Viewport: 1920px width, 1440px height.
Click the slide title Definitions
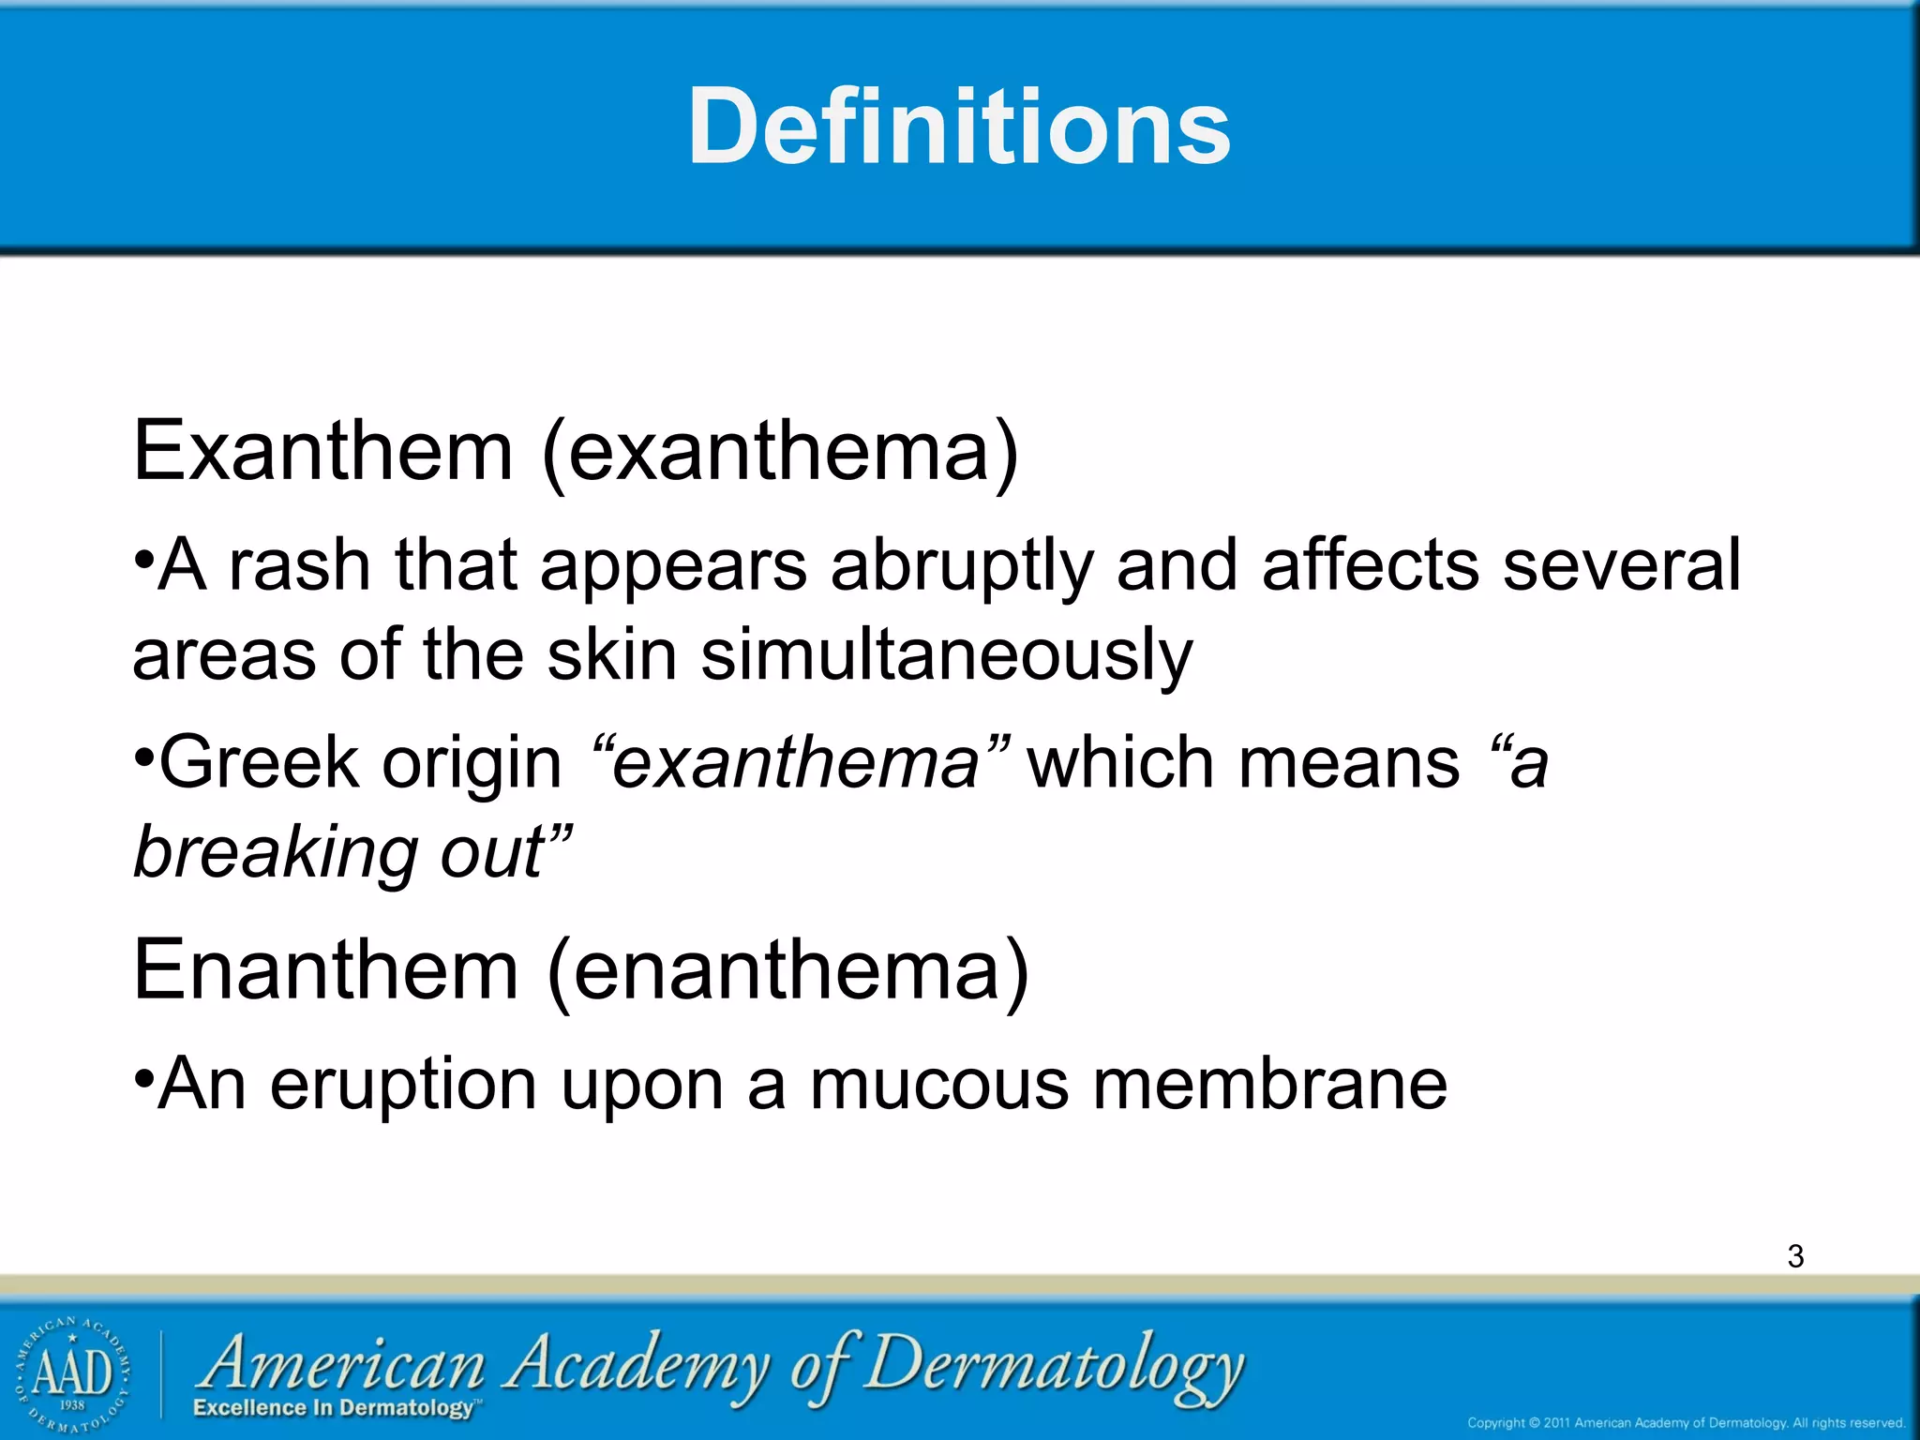959,127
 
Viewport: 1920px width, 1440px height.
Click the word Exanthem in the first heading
322,452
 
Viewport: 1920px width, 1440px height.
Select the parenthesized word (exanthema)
780,452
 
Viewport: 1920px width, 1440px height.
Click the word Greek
259,763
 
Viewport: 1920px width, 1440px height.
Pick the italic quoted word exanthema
795,763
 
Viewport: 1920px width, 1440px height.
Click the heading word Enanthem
325,971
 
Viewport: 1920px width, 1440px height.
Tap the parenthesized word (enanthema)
787,971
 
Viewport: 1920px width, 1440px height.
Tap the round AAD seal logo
72,1374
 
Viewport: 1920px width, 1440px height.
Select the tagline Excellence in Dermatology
335,1408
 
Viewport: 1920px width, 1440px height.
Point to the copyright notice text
1686,1423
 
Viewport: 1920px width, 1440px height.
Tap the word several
1622,566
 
